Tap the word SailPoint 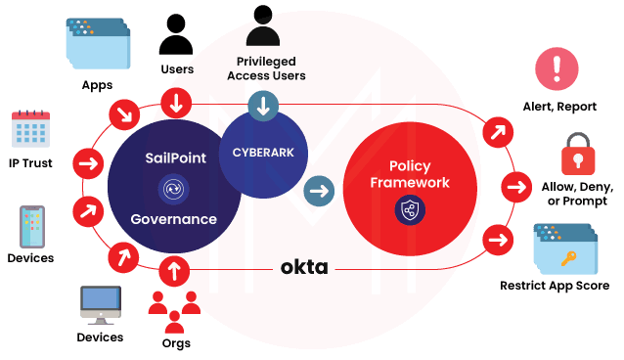point(175,157)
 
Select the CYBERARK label point(263,153)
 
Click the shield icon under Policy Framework point(409,209)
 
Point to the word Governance point(174,219)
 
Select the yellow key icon point(568,256)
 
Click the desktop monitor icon point(101,306)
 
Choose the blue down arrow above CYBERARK point(261,106)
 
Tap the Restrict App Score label point(555,286)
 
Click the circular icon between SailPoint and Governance point(174,188)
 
